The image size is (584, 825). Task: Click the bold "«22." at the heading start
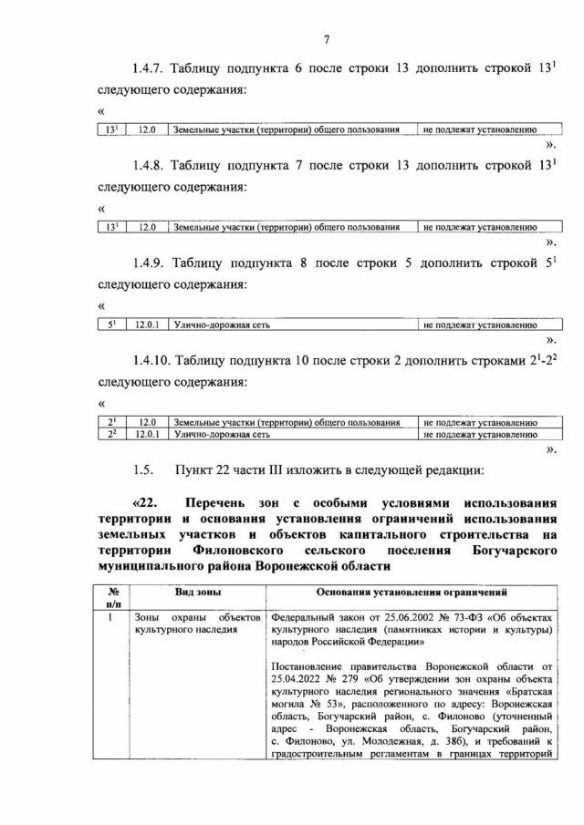coord(148,503)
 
